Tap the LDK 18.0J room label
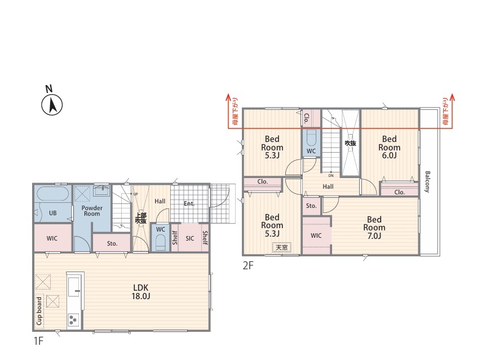tap(141, 292)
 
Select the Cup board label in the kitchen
tap(39, 311)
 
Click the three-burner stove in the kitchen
tap(73, 320)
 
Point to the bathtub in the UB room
tap(53, 194)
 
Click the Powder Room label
tap(92, 211)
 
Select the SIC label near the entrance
tap(190, 238)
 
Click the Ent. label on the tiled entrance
tap(189, 204)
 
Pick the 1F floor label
tap(38, 341)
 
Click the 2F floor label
tap(248, 266)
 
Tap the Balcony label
tap(427, 182)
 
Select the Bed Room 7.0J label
tap(374, 228)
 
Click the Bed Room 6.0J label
tap(389, 148)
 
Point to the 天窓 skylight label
tap(282, 247)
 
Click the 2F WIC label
tap(316, 235)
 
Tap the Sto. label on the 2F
tap(311, 206)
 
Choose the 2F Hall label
tap(328, 187)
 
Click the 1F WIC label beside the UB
tap(52, 238)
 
